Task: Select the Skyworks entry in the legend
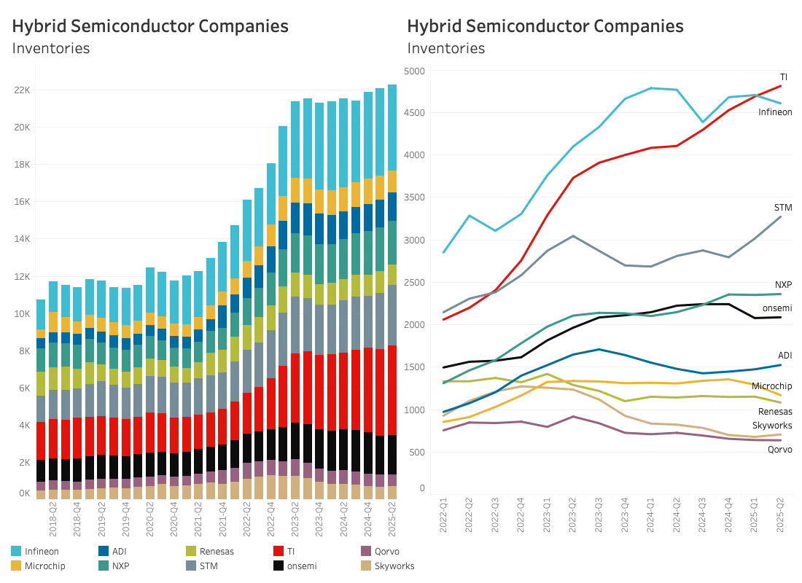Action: click(394, 566)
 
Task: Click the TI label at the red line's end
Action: click(784, 77)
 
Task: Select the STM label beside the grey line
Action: click(782, 208)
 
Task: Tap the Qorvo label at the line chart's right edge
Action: click(779, 450)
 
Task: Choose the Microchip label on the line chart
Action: click(772, 386)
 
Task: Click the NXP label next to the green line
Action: click(783, 285)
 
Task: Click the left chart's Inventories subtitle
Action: click(50, 49)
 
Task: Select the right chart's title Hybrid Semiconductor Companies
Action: click(545, 26)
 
